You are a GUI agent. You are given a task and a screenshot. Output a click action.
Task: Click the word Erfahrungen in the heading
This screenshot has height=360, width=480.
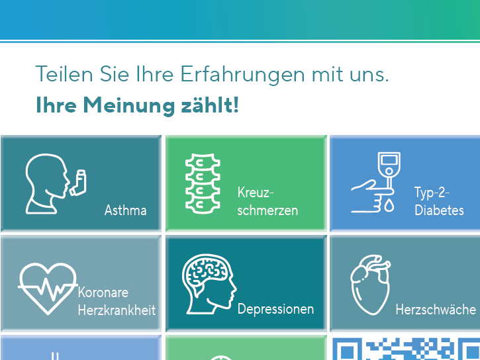[x=242, y=75]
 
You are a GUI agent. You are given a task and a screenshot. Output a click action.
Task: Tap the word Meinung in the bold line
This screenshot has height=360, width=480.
[x=129, y=105]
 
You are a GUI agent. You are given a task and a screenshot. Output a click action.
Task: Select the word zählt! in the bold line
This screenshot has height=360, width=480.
[x=210, y=105]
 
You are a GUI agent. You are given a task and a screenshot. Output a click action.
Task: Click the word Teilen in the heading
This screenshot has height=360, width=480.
[x=64, y=73]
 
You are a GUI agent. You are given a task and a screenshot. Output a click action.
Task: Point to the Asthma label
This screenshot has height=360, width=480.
[x=126, y=210]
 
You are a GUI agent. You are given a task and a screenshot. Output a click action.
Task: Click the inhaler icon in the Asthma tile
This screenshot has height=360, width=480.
[x=78, y=183]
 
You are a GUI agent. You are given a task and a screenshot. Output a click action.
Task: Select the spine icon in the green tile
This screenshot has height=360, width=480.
[x=203, y=183]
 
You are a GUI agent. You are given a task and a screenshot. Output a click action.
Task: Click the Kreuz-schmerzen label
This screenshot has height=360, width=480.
[x=267, y=201]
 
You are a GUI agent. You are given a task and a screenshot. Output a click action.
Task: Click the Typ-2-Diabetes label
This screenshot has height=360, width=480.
[x=439, y=201]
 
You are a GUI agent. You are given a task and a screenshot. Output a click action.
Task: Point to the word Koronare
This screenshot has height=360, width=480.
[x=103, y=292]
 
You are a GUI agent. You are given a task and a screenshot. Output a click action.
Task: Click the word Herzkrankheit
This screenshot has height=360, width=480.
[x=117, y=310]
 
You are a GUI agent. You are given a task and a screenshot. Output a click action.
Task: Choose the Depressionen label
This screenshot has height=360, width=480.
[x=275, y=309]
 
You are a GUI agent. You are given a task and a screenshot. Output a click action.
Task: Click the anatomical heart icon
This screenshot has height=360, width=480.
[x=371, y=285]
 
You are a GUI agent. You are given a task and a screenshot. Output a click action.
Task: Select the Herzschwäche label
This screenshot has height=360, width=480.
[x=436, y=310]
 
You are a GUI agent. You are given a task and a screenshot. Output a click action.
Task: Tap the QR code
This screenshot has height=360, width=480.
[x=407, y=349]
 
